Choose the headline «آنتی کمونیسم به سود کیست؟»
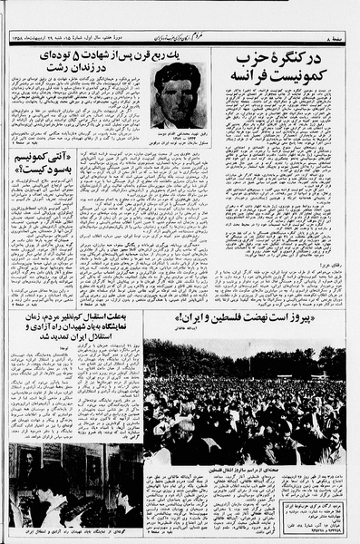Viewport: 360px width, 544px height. click(43, 165)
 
